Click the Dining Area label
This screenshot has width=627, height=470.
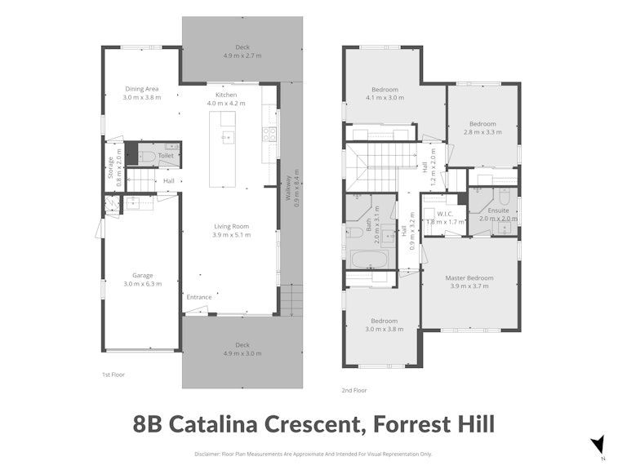tap(142, 89)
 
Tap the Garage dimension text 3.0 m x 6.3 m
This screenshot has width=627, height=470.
tap(143, 284)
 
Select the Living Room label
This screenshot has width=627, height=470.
tap(232, 226)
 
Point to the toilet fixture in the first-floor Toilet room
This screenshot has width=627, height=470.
tap(147, 157)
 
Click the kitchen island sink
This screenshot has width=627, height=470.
tap(228, 137)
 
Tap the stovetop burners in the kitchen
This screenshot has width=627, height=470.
tap(269, 134)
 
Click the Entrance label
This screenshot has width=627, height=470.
tap(199, 297)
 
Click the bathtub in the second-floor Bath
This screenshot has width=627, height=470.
tap(369, 259)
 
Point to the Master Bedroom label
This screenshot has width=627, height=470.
tap(469, 277)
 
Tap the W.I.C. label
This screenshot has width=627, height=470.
tap(445, 215)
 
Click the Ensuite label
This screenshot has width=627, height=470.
tap(498, 211)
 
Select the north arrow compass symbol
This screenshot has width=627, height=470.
tap(598, 445)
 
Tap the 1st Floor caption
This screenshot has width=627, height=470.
tap(113, 375)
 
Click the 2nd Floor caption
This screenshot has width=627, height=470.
tap(354, 390)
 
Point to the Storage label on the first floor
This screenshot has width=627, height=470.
tap(110, 167)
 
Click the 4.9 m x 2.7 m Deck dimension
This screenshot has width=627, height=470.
tap(242, 55)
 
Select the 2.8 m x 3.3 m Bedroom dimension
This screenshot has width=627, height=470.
tap(482, 132)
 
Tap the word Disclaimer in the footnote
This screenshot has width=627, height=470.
tap(207, 454)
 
